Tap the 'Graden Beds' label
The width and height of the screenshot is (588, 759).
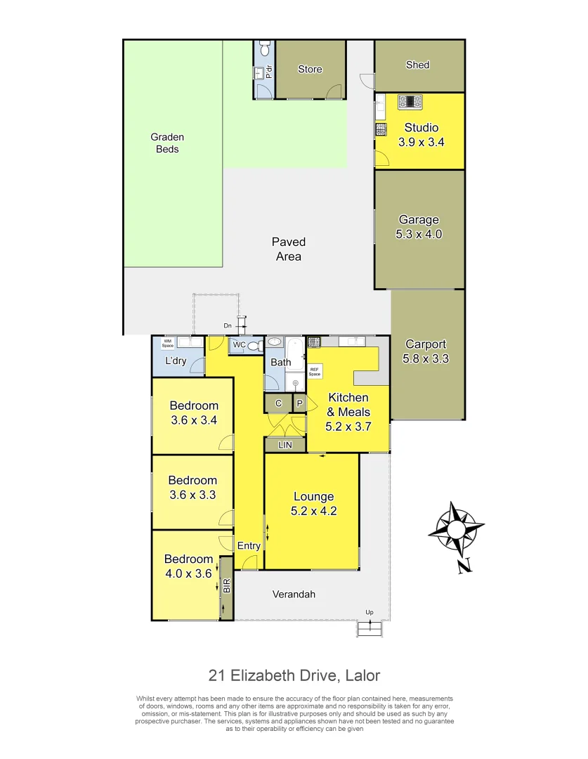tap(167, 143)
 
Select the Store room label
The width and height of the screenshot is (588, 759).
tap(310, 69)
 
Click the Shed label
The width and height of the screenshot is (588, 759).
tap(417, 65)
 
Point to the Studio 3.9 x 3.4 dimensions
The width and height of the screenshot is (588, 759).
tap(421, 142)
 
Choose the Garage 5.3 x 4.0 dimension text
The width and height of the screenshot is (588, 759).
tap(419, 235)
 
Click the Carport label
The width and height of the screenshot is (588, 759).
tap(426, 344)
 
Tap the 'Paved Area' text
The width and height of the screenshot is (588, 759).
tap(289, 249)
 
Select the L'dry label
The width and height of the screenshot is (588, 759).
tap(176, 361)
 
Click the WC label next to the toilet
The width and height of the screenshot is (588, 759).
tap(238, 345)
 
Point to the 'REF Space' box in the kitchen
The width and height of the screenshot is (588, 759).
tap(315, 372)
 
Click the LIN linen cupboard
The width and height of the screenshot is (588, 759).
tap(285, 445)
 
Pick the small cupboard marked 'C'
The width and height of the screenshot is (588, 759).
tap(278, 403)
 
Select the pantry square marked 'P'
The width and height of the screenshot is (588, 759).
tap(299, 403)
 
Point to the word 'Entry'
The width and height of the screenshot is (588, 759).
tap(249, 546)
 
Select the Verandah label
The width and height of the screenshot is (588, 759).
tap(294, 594)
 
